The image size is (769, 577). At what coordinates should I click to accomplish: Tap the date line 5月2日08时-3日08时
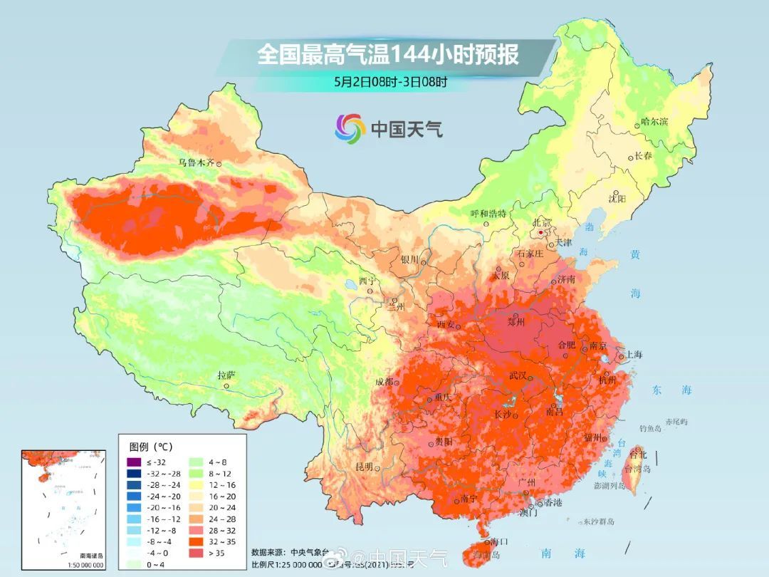(x=390, y=81)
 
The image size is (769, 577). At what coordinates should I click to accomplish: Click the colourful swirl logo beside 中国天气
(x=350, y=128)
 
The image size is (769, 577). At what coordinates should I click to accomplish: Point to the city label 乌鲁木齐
(x=196, y=162)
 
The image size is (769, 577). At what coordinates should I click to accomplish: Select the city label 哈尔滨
(x=654, y=122)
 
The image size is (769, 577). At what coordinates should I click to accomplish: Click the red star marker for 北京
(x=541, y=232)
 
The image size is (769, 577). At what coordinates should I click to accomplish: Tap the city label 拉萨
(x=226, y=375)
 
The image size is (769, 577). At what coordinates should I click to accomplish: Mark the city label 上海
(x=633, y=355)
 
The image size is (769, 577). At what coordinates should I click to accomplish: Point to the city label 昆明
(x=364, y=467)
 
